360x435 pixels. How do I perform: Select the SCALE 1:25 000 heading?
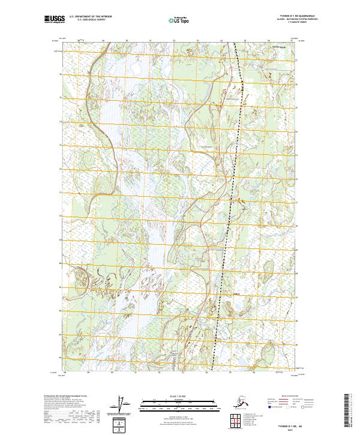click(x=178, y=396)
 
